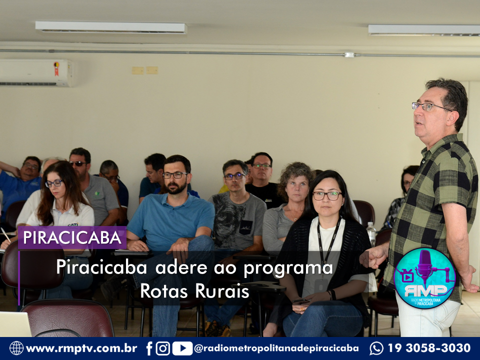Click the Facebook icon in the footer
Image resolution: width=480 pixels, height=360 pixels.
[149, 348]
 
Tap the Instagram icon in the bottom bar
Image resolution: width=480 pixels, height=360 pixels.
[163, 348]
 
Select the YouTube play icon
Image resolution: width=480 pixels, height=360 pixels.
[182, 348]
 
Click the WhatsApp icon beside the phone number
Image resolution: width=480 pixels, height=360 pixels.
[376, 348]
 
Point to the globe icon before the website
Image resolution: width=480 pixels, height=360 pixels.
[16, 348]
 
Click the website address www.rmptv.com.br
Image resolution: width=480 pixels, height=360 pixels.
[81, 348]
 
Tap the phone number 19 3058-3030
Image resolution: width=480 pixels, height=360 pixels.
[429, 348]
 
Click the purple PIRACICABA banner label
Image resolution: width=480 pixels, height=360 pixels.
[72, 237]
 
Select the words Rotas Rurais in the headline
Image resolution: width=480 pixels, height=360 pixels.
[194, 291]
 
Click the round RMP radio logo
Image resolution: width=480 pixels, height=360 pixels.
[424, 278]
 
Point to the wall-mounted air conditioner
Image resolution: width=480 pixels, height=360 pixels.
[36, 73]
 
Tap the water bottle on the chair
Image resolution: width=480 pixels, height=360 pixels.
[371, 234]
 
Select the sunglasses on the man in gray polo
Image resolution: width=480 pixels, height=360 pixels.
[78, 164]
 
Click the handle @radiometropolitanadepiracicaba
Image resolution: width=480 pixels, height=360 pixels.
[276, 348]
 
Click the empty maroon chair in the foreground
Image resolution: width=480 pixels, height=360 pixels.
[68, 318]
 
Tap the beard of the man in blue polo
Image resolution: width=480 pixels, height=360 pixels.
[176, 188]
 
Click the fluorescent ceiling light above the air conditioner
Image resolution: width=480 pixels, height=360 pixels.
[110, 27]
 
